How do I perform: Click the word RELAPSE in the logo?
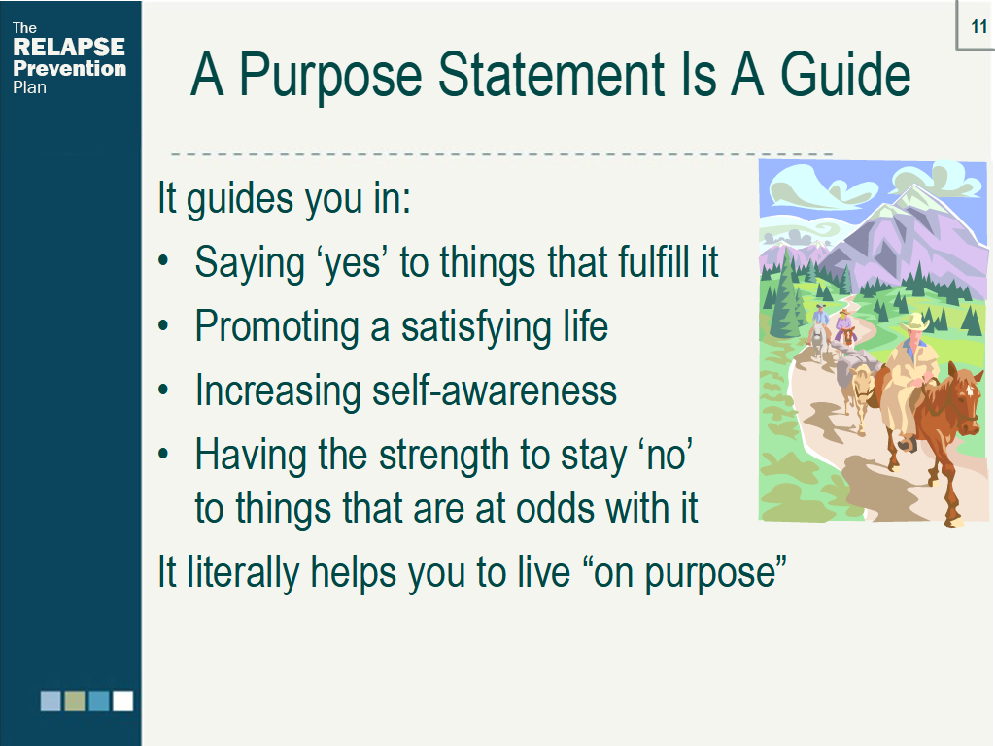point(69,47)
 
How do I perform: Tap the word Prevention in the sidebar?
point(69,68)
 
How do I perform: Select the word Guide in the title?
point(845,75)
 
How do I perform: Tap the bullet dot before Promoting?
point(163,325)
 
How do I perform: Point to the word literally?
point(242,573)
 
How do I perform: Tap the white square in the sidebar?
point(123,701)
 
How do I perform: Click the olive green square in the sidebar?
point(75,701)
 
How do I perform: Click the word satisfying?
point(477,328)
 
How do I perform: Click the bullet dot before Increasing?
point(163,390)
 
